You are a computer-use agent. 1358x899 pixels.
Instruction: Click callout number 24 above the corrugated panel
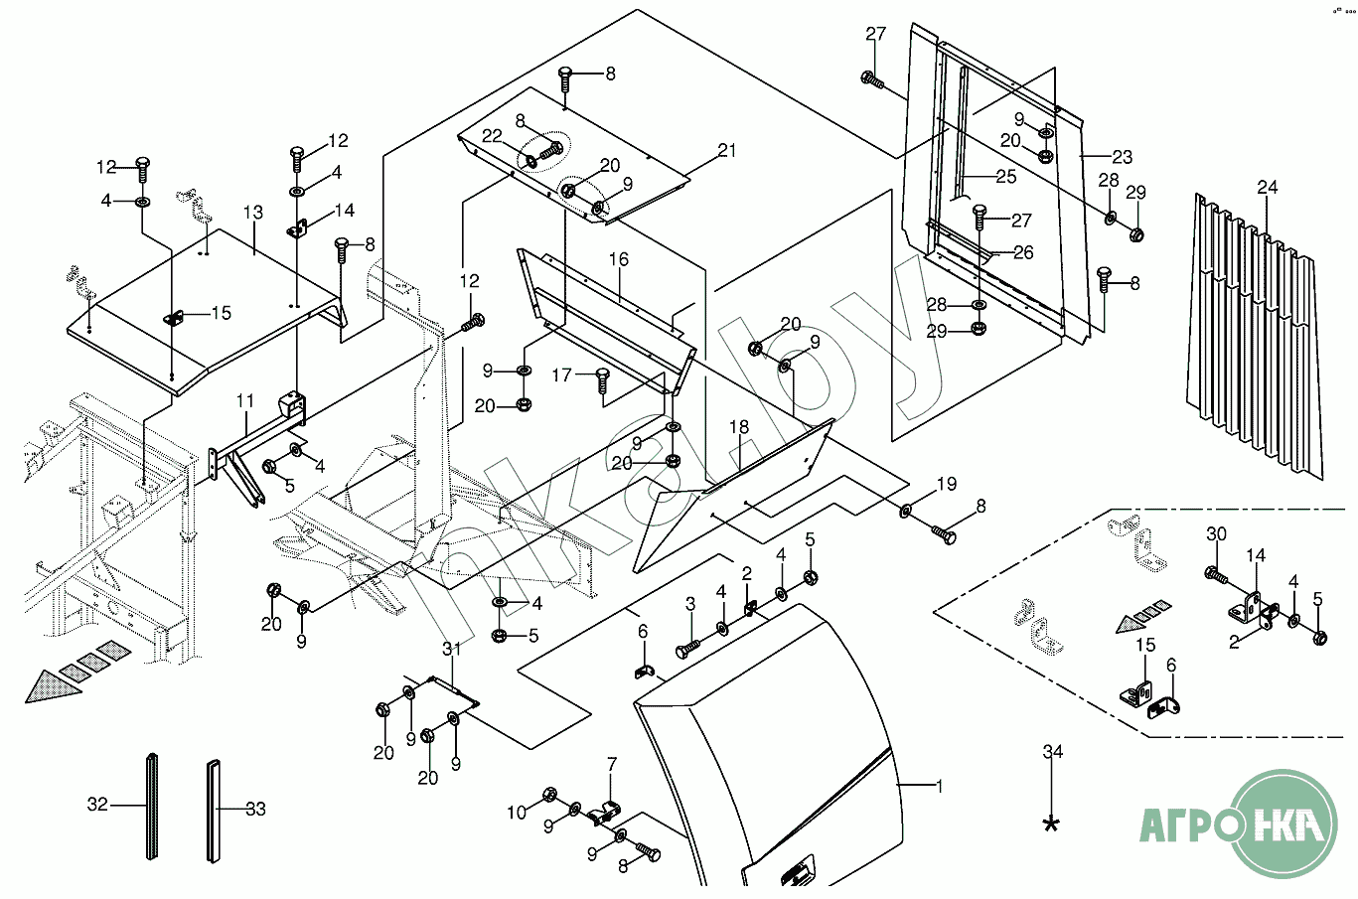(1267, 187)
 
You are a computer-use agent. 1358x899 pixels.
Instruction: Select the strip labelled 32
(150, 807)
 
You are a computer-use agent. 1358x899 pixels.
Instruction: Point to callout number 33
(255, 809)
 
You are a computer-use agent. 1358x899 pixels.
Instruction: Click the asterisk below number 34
(1051, 824)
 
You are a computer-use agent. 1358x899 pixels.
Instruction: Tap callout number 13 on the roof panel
(252, 213)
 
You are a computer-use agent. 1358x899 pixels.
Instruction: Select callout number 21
(727, 151)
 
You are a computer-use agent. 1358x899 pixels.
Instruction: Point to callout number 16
(618, 259)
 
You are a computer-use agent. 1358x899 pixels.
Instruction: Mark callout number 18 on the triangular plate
(738, 426)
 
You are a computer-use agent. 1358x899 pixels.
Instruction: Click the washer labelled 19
(907, 511)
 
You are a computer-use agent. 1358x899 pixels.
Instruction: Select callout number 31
(452, 649)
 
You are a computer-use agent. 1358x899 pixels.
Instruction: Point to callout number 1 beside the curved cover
(939, 786)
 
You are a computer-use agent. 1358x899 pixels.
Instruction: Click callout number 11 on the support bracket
(245, 401)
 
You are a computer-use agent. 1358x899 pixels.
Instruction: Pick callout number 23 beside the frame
(1122, 157)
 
